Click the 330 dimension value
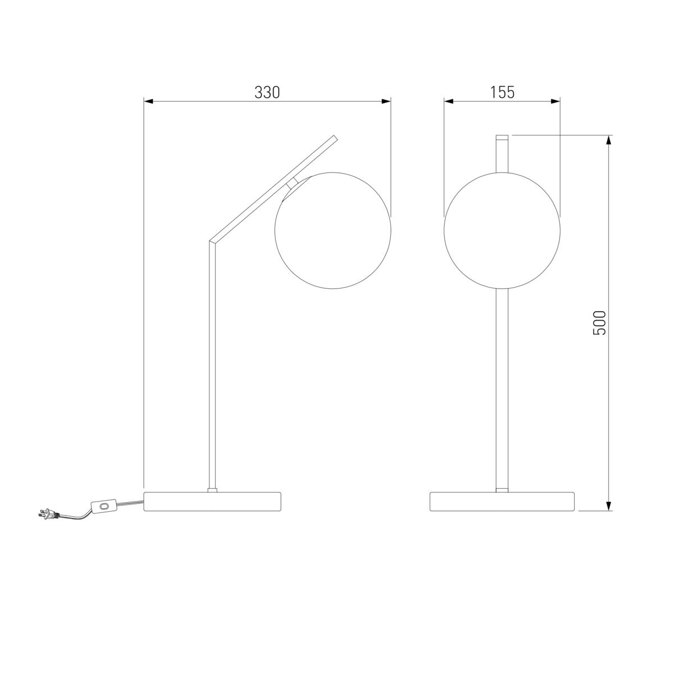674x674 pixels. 267,92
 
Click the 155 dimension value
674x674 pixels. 502,92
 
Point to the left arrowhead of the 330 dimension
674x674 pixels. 148,102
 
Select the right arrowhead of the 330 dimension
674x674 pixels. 386,102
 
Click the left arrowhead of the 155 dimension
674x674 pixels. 449,102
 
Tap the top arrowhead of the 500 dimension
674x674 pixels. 609,140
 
